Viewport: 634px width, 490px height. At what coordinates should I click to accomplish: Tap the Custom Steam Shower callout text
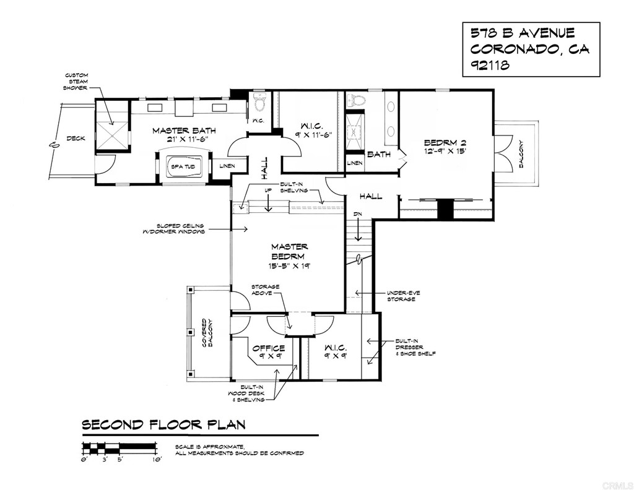[x=77, y=82]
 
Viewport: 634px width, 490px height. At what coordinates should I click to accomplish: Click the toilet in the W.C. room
[x=259, y=102]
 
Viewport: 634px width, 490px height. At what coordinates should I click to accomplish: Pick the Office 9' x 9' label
[x=268, y=352]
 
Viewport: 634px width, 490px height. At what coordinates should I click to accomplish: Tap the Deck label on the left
[x=76, y=138]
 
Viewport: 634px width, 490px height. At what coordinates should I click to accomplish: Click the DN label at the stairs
[x=357, y=214]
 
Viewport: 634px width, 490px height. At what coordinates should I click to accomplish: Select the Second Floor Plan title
[x=163, y=424]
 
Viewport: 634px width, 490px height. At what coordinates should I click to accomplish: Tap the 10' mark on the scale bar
[x=157, y=460]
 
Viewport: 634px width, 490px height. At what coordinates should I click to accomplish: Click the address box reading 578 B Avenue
[x=531, y=49]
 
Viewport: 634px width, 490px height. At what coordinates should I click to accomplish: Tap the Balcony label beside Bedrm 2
[x=521, y=153]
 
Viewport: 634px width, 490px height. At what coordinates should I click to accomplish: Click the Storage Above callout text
[x=264, y=290]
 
